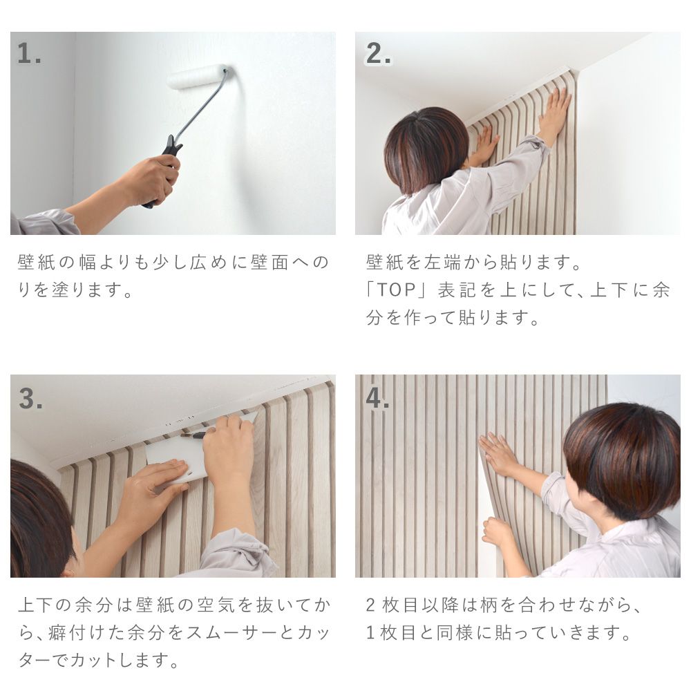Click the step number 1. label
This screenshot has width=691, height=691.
29,54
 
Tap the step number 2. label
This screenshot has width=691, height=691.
378,54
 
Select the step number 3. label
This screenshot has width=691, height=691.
30,399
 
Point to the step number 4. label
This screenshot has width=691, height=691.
378,399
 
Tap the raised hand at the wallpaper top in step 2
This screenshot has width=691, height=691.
556,111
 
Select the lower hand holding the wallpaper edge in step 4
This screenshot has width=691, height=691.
498,532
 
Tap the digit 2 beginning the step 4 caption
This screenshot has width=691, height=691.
370,606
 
